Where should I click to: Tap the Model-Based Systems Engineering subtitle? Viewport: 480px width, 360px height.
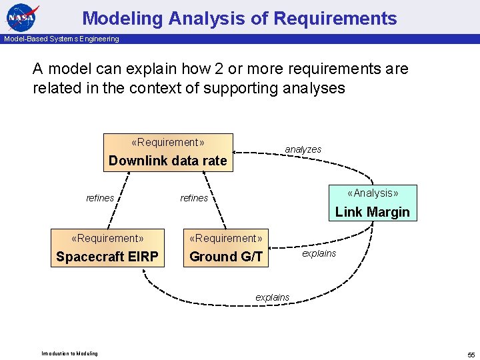point(61,39)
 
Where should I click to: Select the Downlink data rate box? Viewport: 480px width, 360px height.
point(167,153)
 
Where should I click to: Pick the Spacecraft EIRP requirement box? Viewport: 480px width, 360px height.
point(107,248)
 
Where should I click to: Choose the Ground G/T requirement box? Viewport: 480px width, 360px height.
point(226,248)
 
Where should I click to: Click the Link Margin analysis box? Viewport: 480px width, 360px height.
point(372,203)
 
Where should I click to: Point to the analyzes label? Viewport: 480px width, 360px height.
point(303,149)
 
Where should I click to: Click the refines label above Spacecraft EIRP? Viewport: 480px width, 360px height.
point(100,197)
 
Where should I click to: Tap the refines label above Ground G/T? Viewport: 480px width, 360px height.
point(194,197)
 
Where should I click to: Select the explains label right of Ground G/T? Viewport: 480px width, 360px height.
point(319,253)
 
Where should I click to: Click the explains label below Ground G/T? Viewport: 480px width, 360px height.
point(272,297)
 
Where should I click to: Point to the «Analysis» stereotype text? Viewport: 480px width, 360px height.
point(373,193)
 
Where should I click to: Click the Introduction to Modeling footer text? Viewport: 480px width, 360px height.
point(69,353)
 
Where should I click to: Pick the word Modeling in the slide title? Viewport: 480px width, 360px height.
point(123,18)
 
